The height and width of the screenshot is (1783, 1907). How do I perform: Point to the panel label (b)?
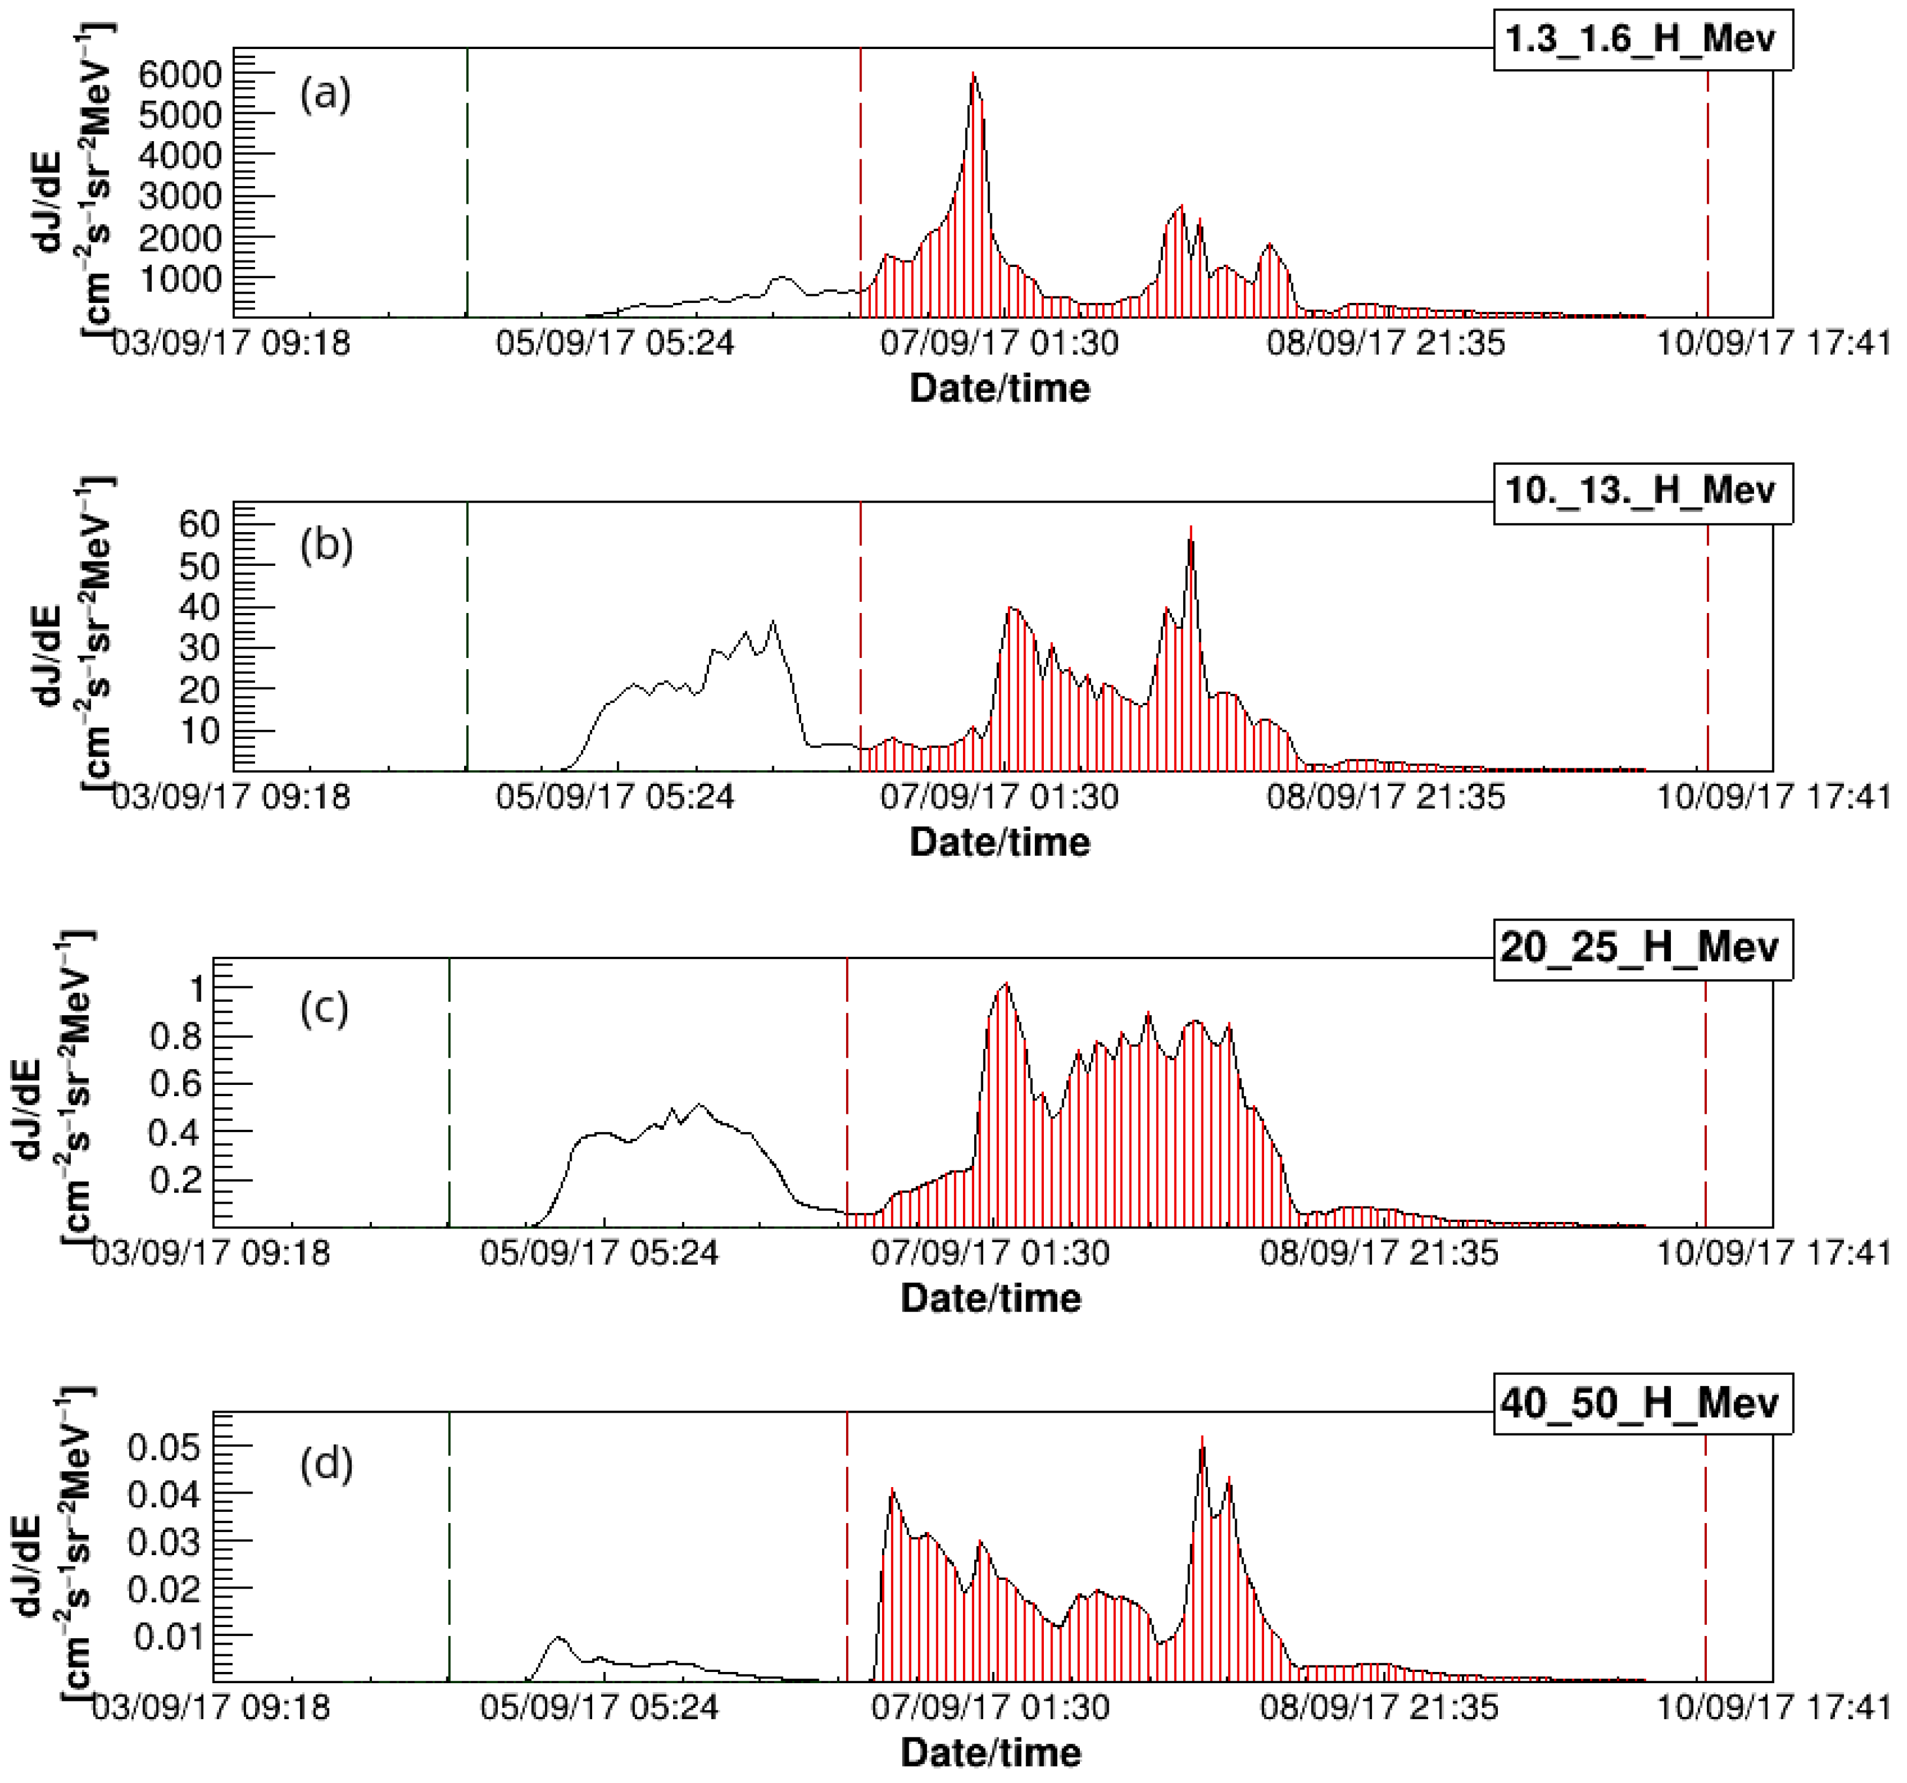(x=326, y=545)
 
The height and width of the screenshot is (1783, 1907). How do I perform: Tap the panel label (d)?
(x=326, y=1465)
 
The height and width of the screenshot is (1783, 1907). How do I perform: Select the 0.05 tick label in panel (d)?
(x=164, y=1447)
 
